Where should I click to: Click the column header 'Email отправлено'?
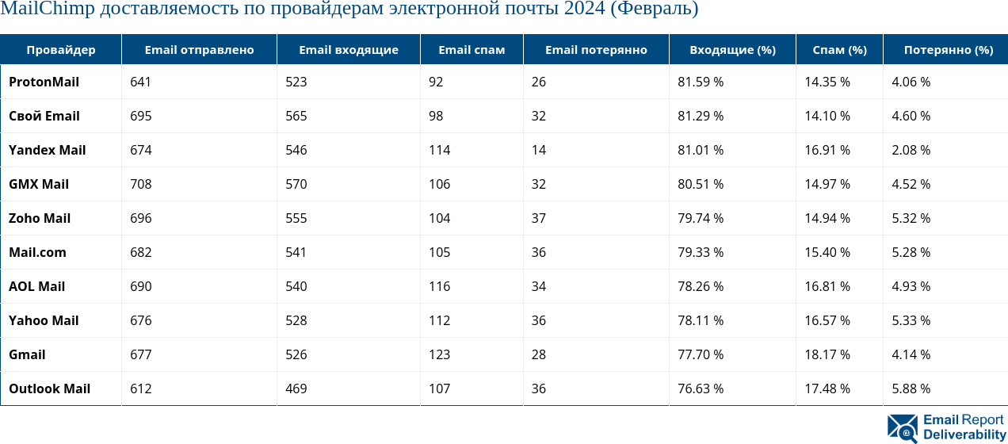point(199,50)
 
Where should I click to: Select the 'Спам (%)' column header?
point(840,50)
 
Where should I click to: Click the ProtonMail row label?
point(44,82)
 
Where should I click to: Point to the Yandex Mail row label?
point(47,150)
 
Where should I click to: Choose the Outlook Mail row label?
point(49,388)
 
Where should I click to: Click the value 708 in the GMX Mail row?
point(141,184)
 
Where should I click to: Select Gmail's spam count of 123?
point(439,354)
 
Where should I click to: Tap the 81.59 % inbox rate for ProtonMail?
point(701,82)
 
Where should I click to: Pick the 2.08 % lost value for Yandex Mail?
point(911,150)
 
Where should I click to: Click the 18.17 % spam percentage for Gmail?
point(827,354)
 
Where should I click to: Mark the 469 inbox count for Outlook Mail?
point(296,388)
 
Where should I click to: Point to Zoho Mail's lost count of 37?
point(539,218)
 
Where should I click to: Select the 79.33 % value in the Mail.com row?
point(701,252)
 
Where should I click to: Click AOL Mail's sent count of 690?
point(141,286)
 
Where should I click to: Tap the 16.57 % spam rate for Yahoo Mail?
point(827,320)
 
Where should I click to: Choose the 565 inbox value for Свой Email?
point(296,116)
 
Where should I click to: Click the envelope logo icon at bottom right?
point(902,428)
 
